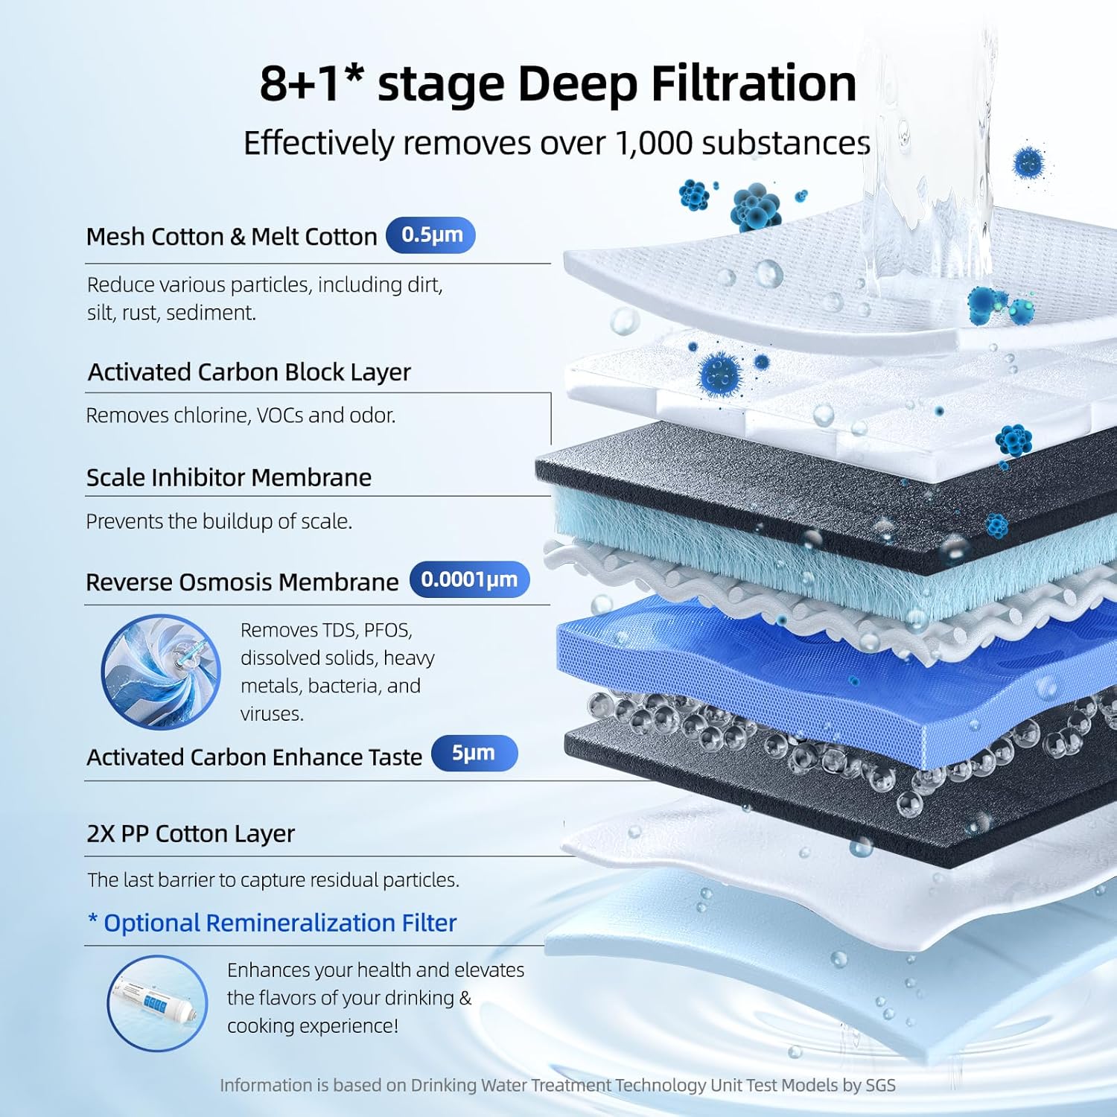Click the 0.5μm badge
pos(431,235)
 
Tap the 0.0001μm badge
pos(469,580)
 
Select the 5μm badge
pos(474,753)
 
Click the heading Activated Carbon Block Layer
pos(249,372)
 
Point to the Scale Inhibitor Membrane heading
pos(229,477)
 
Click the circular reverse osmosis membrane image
pos(161,672)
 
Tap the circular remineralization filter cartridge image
pos(158,1003)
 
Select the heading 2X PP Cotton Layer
pos(191,833)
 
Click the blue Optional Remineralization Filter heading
pos(273,923)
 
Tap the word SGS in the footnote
pos(880,1085)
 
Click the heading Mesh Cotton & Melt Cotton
pos(232,237)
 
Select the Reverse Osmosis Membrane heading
pos(242,582)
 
